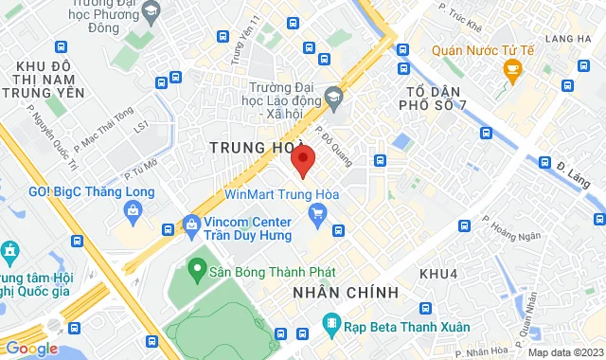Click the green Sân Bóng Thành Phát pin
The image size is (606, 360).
point(197,269)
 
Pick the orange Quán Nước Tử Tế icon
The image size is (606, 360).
point(512,68)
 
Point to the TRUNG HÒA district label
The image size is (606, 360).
point(249,149)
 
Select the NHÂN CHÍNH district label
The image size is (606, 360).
point(346,292)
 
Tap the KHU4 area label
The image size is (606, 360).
point(438,273)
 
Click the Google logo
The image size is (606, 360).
point(31,348)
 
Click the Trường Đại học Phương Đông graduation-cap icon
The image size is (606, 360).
point(151,12)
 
